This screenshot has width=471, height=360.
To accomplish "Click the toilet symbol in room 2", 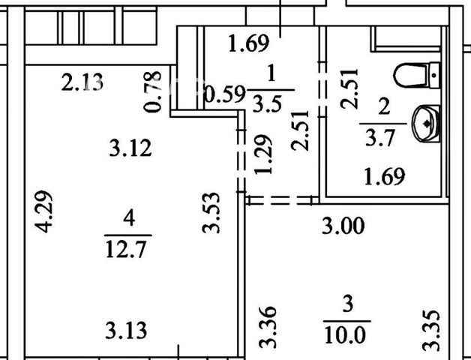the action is [417, 75].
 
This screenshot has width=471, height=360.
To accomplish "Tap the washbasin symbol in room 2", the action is [427, 123].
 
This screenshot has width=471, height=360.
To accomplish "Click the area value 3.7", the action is [379, 138].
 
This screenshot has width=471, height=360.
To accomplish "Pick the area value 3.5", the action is [267, 103].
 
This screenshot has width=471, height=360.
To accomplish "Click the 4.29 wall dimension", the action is [44, 211].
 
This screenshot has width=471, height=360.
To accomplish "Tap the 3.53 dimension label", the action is [211, 213].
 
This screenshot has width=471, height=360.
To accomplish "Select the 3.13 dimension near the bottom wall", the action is [126, 330].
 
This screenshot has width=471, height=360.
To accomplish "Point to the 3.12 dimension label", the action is [130, 148].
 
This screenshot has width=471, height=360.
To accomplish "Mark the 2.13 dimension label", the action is [82, 82].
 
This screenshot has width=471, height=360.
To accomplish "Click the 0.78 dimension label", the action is [152, 91].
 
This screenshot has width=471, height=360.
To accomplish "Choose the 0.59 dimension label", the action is [224, 94].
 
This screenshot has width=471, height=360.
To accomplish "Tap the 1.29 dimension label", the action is [263, 154].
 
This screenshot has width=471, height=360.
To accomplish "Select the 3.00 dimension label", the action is [343, 226].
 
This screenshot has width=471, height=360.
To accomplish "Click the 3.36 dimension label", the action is [267, 327].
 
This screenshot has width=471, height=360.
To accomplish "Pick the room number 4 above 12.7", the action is [129, 217].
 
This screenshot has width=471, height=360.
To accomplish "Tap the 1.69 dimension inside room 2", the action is [385, 176].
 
